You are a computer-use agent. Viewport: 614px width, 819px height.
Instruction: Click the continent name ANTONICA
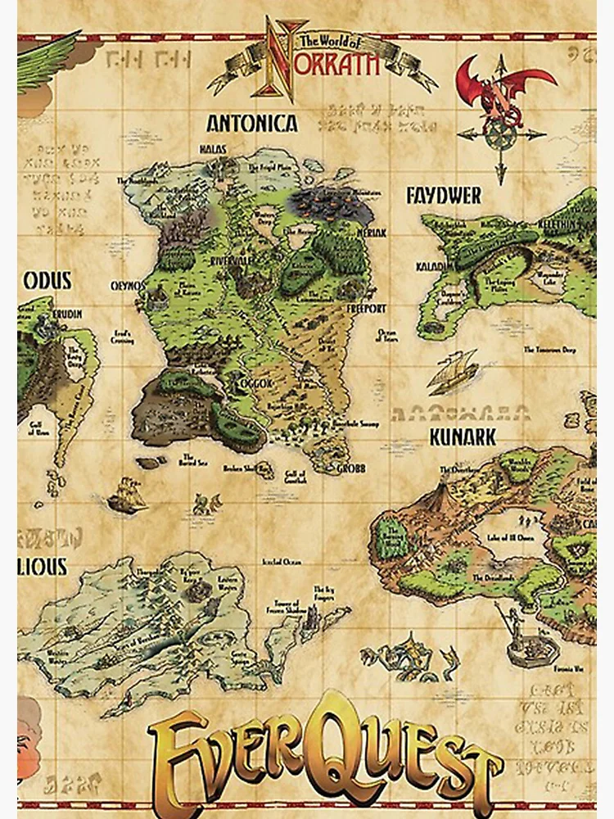(251, 124)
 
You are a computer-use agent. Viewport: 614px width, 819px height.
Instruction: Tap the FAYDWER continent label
(444, 196)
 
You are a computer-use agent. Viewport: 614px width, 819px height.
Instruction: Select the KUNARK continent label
(463, 437)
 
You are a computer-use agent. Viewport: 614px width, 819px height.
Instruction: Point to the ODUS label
(47, 281)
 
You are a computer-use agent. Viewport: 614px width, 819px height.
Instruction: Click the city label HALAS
(211, 148)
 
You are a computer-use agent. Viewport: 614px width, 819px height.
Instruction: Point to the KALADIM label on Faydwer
(431, 244)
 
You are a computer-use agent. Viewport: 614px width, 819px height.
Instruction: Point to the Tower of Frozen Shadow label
(284, 604)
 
